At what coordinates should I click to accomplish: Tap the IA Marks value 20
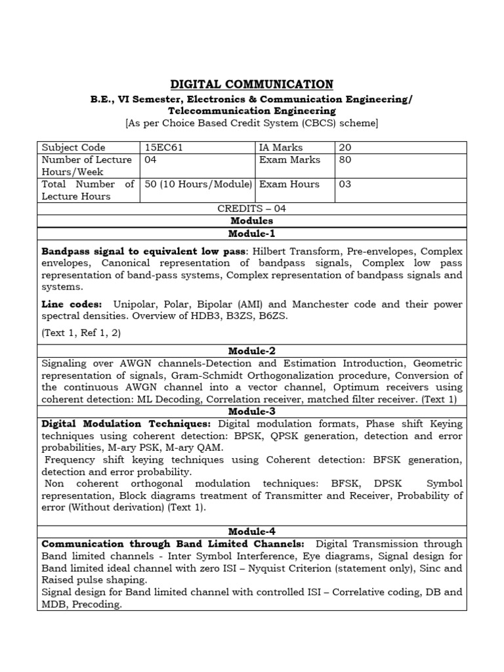tap(345, 148)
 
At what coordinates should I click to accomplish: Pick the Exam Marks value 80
tap(345, 159)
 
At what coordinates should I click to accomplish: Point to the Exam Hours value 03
tap(345, 184)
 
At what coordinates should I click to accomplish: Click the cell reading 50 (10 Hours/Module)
tap(198, 184)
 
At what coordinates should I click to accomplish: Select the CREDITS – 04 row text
tap(251, 209)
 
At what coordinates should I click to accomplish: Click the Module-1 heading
tap(251, 234)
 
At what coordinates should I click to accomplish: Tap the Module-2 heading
tap(251, 350)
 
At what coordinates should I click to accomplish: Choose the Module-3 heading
tap(251, 411)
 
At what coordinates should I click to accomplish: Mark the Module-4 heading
tap(251, 531)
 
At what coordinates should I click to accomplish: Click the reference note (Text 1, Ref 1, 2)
tap(81, 333)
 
